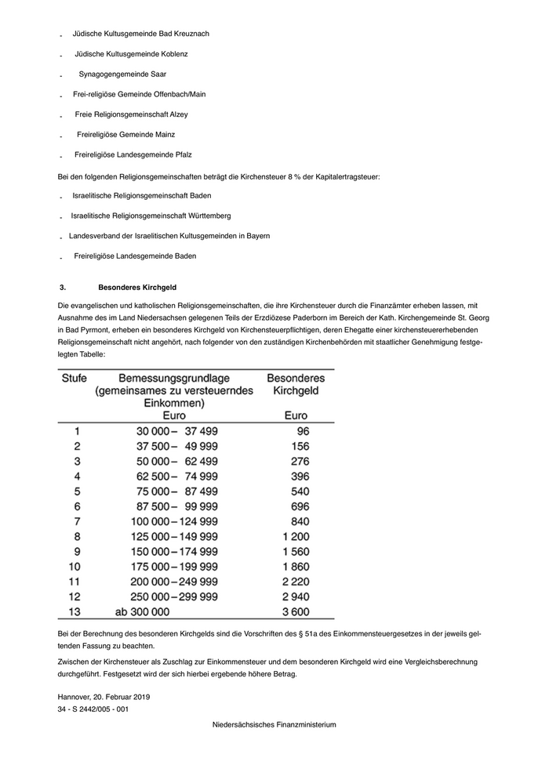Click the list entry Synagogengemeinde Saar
pos(122,74)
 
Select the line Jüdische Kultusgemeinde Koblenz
pos(131,54)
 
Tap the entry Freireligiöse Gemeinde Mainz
pos(125,135)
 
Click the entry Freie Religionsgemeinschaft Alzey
pos(131,114)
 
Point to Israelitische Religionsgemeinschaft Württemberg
pos(151,216)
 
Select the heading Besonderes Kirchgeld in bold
pos(137,288)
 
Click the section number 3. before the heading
pos(63,288)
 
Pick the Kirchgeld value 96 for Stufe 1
pos(303,431)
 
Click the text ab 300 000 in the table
pos(142,611)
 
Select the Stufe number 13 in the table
pos(75,611)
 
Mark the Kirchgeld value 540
pos(300,491)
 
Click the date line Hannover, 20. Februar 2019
pos(104,696)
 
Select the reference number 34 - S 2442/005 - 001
pos(93,709)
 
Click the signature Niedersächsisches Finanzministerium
pos(274,724)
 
